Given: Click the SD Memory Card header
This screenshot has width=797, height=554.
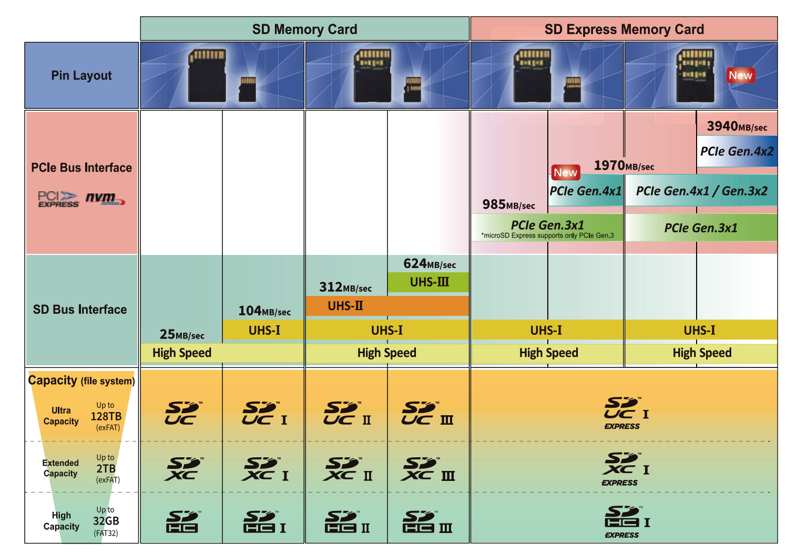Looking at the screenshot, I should click(x=304, y=29).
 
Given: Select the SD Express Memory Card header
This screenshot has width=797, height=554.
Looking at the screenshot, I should click(x=624, y=29).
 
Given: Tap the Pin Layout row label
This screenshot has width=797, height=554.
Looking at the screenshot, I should click(x=81, y=76).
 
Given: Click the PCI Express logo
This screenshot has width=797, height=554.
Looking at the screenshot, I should click(x=58, y=199).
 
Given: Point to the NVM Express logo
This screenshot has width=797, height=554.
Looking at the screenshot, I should click(x=105, y=199).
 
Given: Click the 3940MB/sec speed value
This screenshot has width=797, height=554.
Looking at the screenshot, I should click(x=737, y=126).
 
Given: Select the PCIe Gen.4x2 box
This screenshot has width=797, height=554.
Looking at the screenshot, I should click(x=737, y=151).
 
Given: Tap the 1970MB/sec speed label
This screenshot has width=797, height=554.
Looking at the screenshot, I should click(x=624, y=166).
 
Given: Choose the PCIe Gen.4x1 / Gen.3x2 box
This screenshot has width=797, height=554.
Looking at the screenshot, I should click(x=701, y=191).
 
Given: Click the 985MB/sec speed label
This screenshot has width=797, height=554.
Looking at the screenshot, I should click(x=508, y=204).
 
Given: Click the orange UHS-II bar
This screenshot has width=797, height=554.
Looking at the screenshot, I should click(x=386, y=306).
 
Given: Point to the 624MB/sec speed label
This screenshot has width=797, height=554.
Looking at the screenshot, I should click(x=429, y=264).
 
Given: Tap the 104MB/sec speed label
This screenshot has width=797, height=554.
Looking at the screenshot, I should click(x=264, y=311).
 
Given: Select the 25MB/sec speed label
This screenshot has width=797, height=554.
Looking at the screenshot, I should click(x=182, y=334).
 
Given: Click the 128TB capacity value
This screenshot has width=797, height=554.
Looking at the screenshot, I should click(x=106, y=416).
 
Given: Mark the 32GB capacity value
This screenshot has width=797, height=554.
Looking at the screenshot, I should click(x=106, y=521).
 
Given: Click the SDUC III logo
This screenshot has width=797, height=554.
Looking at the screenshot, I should click(x=427, y=414).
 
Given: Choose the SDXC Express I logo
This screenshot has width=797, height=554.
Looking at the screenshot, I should click(x=625, y=469).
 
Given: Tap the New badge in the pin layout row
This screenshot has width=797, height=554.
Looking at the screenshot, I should click(x=740, y=75).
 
